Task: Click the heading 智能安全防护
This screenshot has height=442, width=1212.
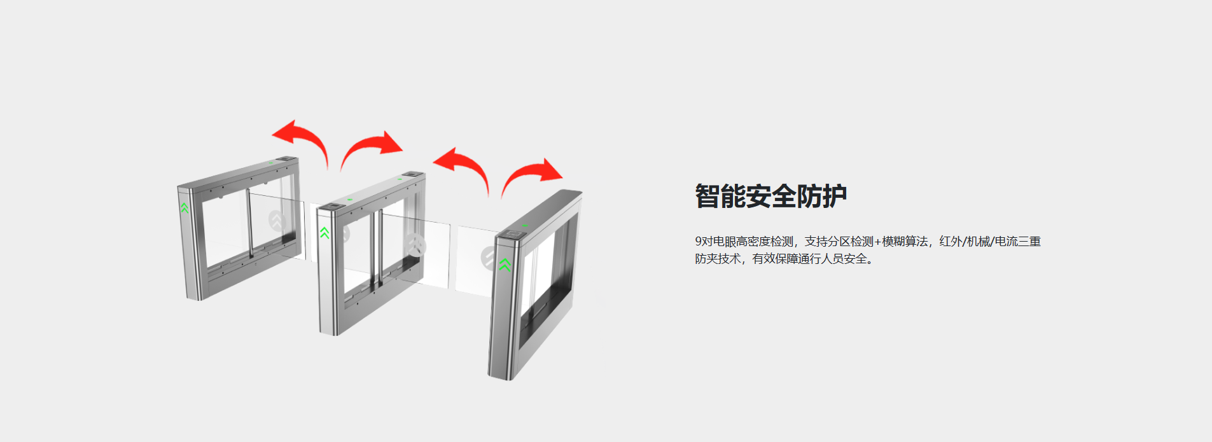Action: [x=770, y=196]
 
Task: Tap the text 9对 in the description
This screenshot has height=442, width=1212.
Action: [x=704, y=242]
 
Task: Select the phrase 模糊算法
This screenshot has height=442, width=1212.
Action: [x=905, y=242]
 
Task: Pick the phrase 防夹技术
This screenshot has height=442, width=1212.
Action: [x=718, y=259]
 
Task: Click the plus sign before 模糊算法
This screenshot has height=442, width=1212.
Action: [x=878, y=242]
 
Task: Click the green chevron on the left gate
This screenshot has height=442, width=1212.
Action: [x=185, y=207]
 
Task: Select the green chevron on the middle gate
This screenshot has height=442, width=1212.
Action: [x=324, y=233]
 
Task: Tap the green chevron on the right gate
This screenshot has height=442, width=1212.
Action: [x=505, y=265]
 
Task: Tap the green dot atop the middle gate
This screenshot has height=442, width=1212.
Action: [x=349, y=199]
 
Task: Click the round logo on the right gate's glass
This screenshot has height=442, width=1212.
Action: [x=489, y=258]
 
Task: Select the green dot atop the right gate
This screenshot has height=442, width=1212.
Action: [x=524, y=225]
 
